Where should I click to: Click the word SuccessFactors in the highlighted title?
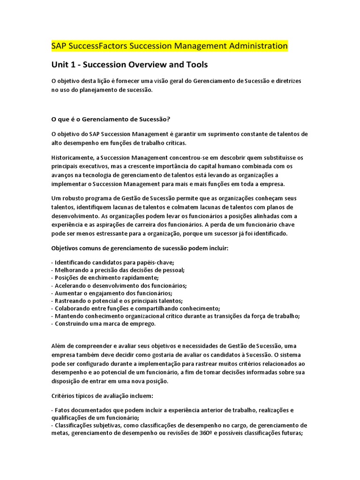97,46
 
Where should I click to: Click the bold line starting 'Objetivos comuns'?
139,248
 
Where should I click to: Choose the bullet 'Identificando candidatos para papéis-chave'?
114,262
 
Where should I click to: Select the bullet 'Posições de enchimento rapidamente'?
106,277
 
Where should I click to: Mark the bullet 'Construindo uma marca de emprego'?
105,323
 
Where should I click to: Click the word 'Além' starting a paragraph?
59,346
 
